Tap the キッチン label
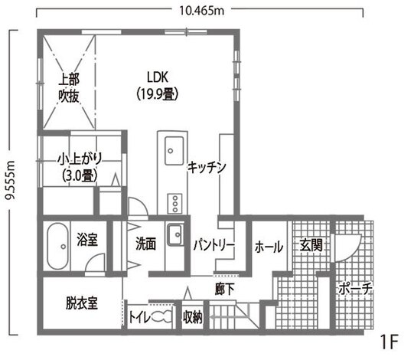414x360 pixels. tap(205, 167)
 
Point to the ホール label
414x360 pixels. tap(268, 247)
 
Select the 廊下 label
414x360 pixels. tap(224, 289)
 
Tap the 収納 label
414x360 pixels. tap(192, 316)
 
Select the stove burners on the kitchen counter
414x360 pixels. tap(174, 203)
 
